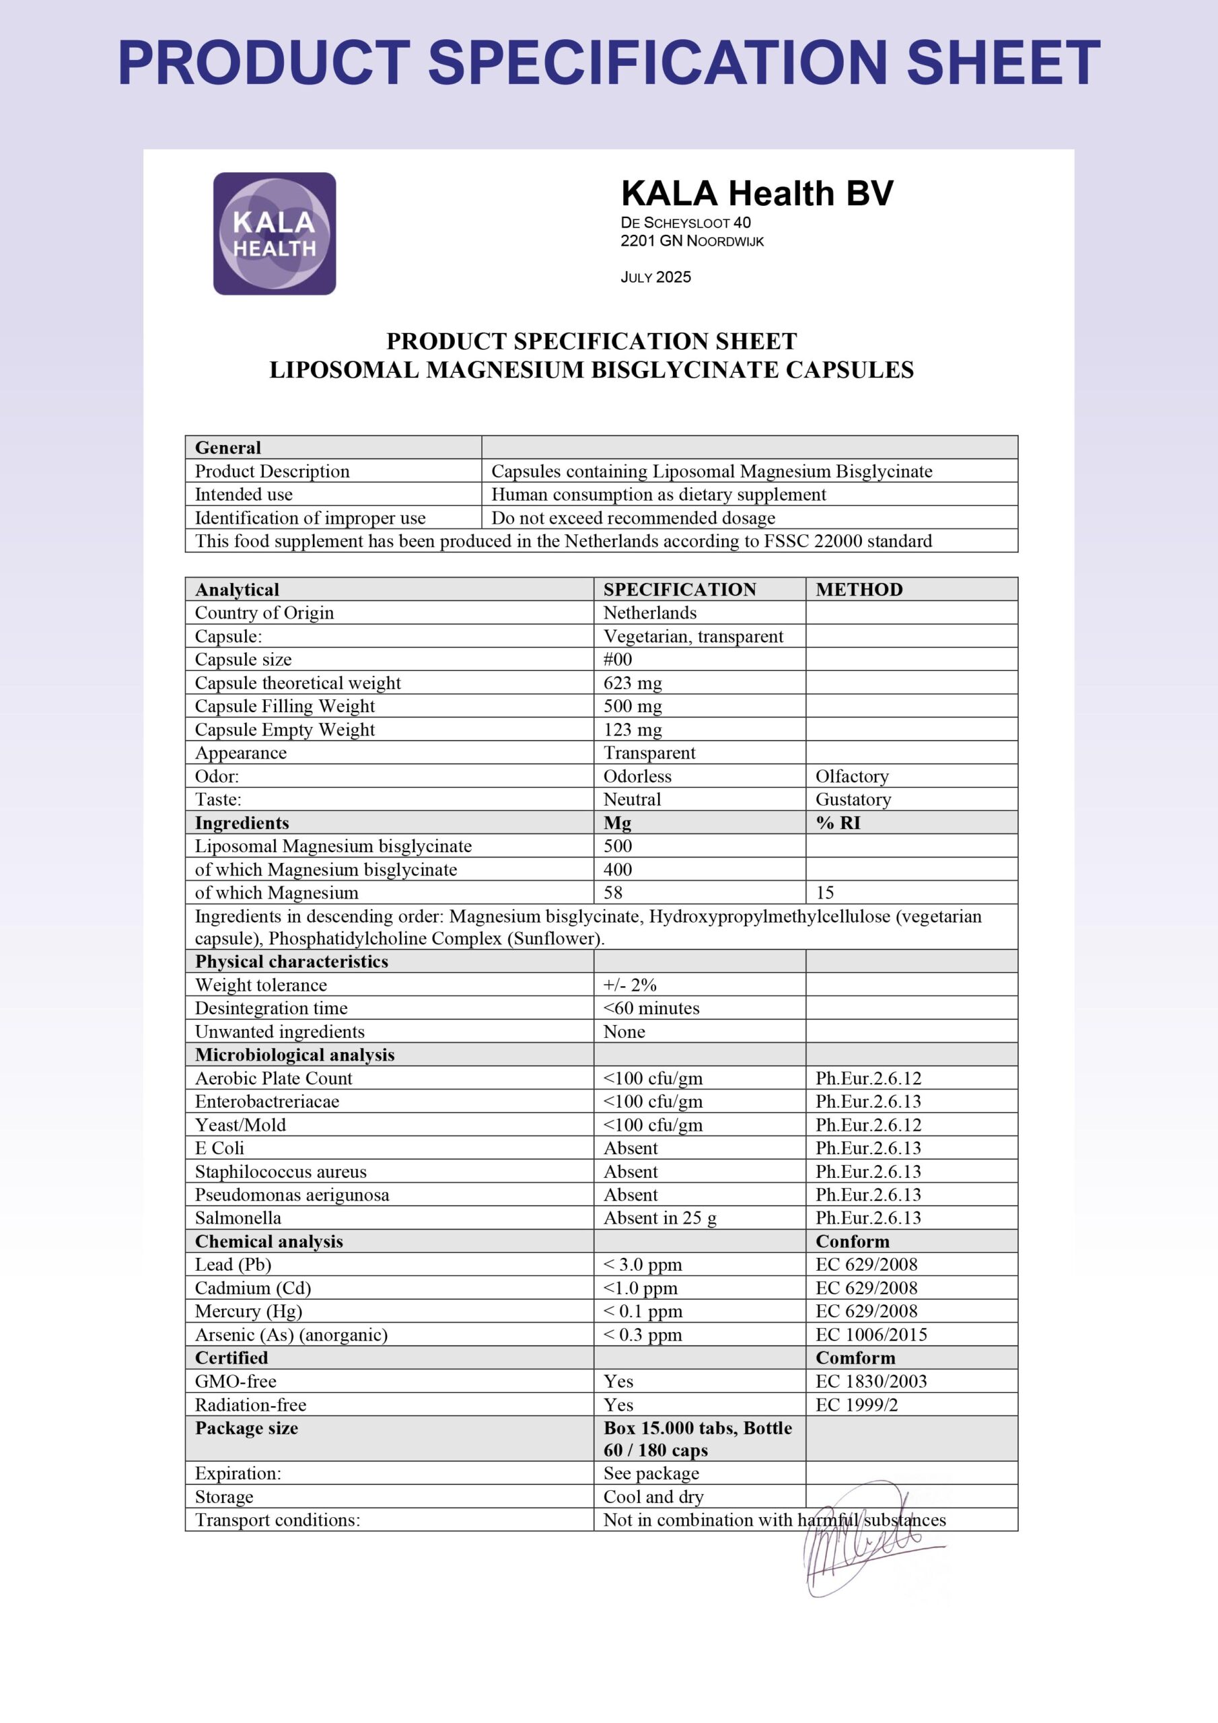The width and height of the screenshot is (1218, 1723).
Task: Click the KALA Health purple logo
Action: [x=274, y=234]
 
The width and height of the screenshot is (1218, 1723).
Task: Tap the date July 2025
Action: [x=655, y=277]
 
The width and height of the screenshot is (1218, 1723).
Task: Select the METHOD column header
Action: [x=859, y=589]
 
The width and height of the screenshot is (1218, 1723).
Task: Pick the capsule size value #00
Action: [x=618, y=659]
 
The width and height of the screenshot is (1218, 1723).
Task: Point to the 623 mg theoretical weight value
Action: [x=633, y=683]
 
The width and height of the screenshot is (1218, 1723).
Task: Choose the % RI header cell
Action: [x=838, y=822]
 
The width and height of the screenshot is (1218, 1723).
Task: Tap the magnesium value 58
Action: [x=613, y=892]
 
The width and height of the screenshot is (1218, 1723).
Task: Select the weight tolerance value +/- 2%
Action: [x=630, y=985]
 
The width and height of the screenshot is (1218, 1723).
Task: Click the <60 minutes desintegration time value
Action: [x=651, y=1008]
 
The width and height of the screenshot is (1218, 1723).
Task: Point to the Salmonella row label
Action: [x=238, y=1218]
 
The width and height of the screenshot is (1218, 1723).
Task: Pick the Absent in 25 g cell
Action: [x=659, y=1218]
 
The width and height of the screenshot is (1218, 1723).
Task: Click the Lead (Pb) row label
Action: [x=233, y=1265]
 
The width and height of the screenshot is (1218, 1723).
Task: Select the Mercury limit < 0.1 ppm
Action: [x=643, y=1311]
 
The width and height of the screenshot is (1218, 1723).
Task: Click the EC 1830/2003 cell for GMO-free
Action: [x=871, y=1381]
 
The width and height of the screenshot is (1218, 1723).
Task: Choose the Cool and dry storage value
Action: [x=653, y=1496]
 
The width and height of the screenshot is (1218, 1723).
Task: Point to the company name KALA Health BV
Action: [x=756, y=194]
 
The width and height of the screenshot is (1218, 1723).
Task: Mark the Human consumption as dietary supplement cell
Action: [x=658, y=495]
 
